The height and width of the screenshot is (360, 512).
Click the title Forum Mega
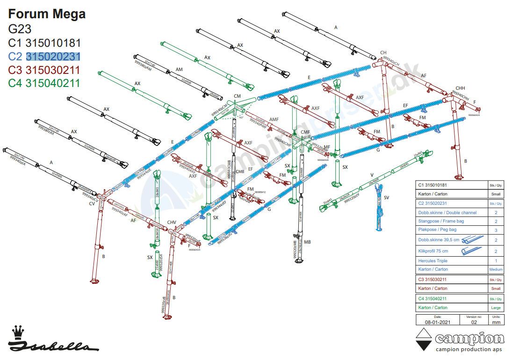click(47, 14)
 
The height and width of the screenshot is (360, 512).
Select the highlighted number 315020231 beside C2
click(53, 57)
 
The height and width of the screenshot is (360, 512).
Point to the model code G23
click(20, 29)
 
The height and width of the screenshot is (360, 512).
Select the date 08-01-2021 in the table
click(437, 323)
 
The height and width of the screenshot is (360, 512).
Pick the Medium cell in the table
click(496, 269)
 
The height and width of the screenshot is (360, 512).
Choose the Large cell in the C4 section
click(496, 308)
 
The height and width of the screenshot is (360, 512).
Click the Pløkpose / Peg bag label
click(437, 230)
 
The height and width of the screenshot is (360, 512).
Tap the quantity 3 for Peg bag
click(496, 230)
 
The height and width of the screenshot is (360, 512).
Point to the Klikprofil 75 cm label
click(433, 251)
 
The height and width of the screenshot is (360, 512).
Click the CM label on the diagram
click(237, 96)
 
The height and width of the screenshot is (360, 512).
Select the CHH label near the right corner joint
click(460, 88)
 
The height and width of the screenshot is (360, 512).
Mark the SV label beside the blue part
click(386, 198)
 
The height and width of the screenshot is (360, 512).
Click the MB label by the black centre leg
click(307, 242)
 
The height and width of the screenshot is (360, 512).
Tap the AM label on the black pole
click(179, 70)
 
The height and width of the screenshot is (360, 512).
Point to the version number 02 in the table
click(474, 323)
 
